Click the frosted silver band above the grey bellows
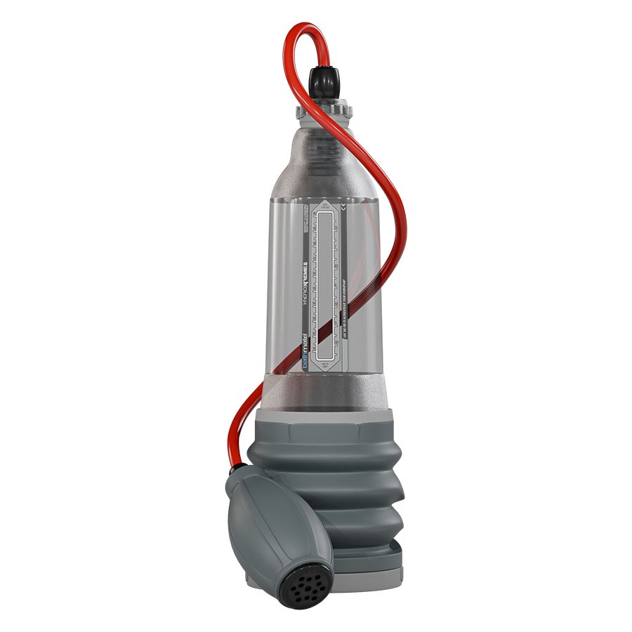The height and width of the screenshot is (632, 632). [324, 394]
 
